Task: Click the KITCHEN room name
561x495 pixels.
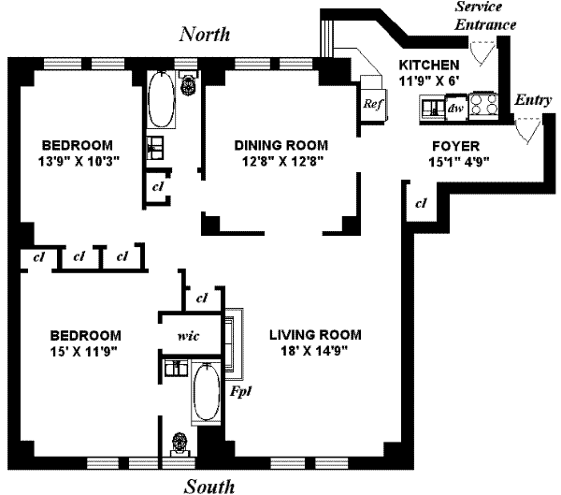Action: click(x=428, y=66)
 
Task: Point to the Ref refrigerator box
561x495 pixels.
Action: click(x=373, y=102)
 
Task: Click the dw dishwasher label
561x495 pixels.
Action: click(x=455, y=108)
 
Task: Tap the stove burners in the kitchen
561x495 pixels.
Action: click(x=484, y=104)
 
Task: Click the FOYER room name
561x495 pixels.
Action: click(x=455, y=146)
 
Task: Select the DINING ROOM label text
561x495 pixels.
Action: click(x=280, y=145)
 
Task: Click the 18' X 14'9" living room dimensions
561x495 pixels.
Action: click(x=315, y=351)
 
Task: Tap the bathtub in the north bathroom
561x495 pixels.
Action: click(x=159, y=101)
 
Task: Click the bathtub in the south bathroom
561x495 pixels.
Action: click(x=205, y=396)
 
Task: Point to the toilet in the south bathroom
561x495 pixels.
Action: click(x=179, y=442)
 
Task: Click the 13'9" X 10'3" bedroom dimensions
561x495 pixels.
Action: click(x=77, y=162)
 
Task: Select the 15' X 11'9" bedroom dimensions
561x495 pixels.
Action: click(x=85, y=351)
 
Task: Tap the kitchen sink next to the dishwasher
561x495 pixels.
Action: click(x=433, y=108)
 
